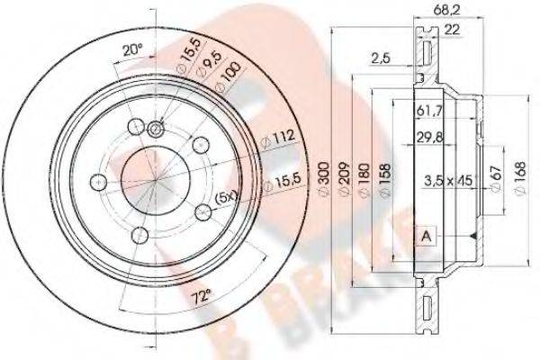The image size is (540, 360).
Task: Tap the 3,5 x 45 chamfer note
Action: [x=447, y=180]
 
